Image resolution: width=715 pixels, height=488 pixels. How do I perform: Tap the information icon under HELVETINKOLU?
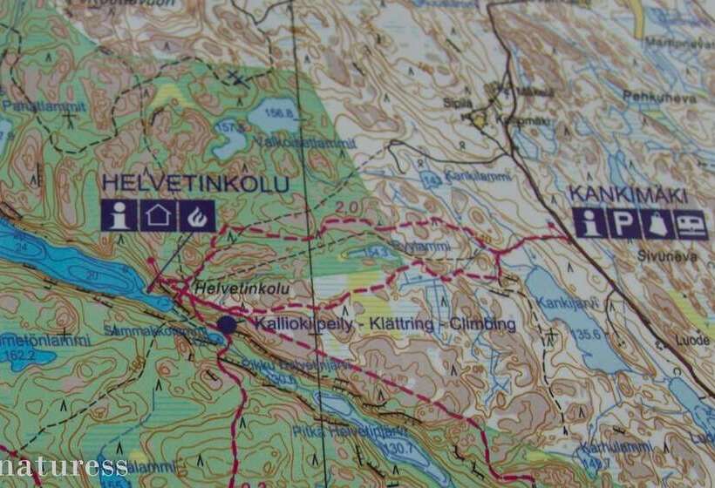click(x=118, y=215)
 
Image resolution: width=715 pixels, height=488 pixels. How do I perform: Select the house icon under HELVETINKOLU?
click(x=158, y=215)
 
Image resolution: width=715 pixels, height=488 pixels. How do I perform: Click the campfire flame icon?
click(x=197, y=215)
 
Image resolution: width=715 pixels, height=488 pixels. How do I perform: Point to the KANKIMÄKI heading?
click(x=628, y=194)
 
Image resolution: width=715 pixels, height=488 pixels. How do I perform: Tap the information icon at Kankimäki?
click(x=590, y=223)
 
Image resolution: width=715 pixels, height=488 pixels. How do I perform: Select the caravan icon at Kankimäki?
click(x=692, y=223)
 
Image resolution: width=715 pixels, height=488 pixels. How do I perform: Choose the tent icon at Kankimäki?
click(x=657, y=223)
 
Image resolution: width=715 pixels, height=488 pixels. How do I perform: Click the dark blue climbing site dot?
click(x=227, y=325)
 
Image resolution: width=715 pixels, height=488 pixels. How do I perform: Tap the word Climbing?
click(x=480, y=325)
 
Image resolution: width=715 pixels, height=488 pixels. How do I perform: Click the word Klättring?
click(x=397, y=325)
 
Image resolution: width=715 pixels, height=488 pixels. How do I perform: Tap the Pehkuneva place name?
click(x=660, y=98)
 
